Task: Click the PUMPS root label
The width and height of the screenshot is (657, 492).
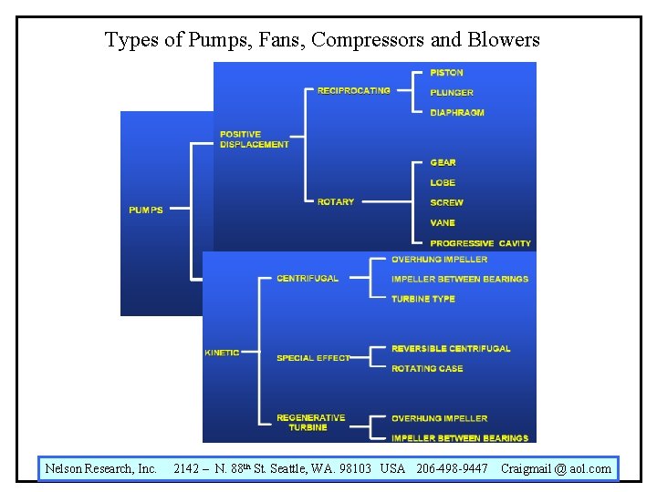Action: (x=146, y=210)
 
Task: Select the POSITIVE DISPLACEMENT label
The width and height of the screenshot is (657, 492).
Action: (x=254, y=139)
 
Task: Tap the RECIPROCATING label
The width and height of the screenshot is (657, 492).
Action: (x=353, y=90)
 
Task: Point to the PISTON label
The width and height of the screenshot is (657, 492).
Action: (x=447, y=72)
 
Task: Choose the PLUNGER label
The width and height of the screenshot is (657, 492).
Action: (x=452, y=92)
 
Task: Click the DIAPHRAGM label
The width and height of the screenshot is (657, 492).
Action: (x=457, y=112)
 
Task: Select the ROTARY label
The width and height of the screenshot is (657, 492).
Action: (x=336, y=202)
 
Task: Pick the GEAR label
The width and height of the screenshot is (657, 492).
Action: (x=443, y=162)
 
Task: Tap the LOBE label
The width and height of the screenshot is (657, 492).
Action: (x=443, y=182)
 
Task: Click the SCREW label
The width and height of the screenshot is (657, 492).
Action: (x=447, y=202)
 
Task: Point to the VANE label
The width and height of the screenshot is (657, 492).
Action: (x=443, y=222)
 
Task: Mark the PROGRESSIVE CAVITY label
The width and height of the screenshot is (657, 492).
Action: (x=480, y=243)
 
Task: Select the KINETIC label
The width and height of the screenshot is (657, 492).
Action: (x=222, y=353)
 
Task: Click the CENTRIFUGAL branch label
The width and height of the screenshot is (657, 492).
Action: (x=308, y=278)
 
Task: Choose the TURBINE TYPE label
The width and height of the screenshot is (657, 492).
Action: (x=422, y=299)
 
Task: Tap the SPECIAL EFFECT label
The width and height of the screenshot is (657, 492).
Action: (x=313, y=358)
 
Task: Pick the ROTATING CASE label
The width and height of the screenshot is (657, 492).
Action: (x=427, y=368)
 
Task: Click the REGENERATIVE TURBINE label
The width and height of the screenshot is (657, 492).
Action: (x=310, y=423)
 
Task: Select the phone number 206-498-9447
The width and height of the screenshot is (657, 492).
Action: (x=452, y=468)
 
